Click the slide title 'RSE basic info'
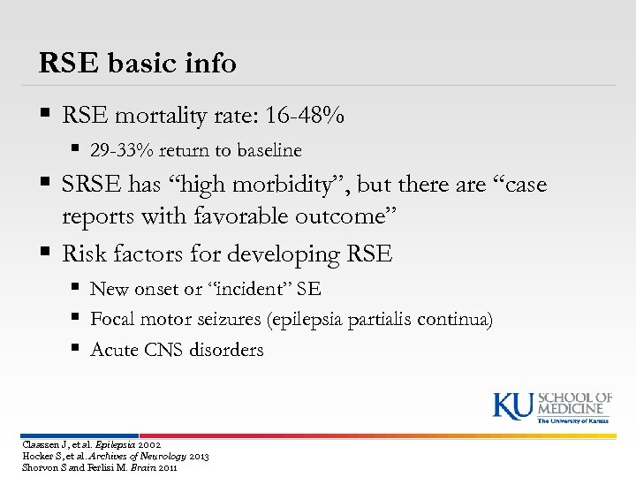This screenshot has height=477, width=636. coord(138,63)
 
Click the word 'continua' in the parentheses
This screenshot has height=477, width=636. coord(458,319)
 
